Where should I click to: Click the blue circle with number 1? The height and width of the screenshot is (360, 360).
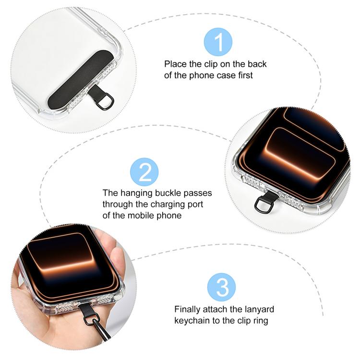(218, 42)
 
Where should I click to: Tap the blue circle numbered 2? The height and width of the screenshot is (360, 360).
(144, 172)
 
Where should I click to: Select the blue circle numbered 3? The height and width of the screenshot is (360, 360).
(221, 287)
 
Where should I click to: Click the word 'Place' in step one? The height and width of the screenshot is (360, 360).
(175, 64)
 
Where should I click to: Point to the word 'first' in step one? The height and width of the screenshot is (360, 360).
(245, 75)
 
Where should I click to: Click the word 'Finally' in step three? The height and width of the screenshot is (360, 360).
(187, 309)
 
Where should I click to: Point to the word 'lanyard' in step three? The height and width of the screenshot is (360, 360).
(260, 309)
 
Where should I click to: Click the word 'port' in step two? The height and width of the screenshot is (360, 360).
(196, 204)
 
